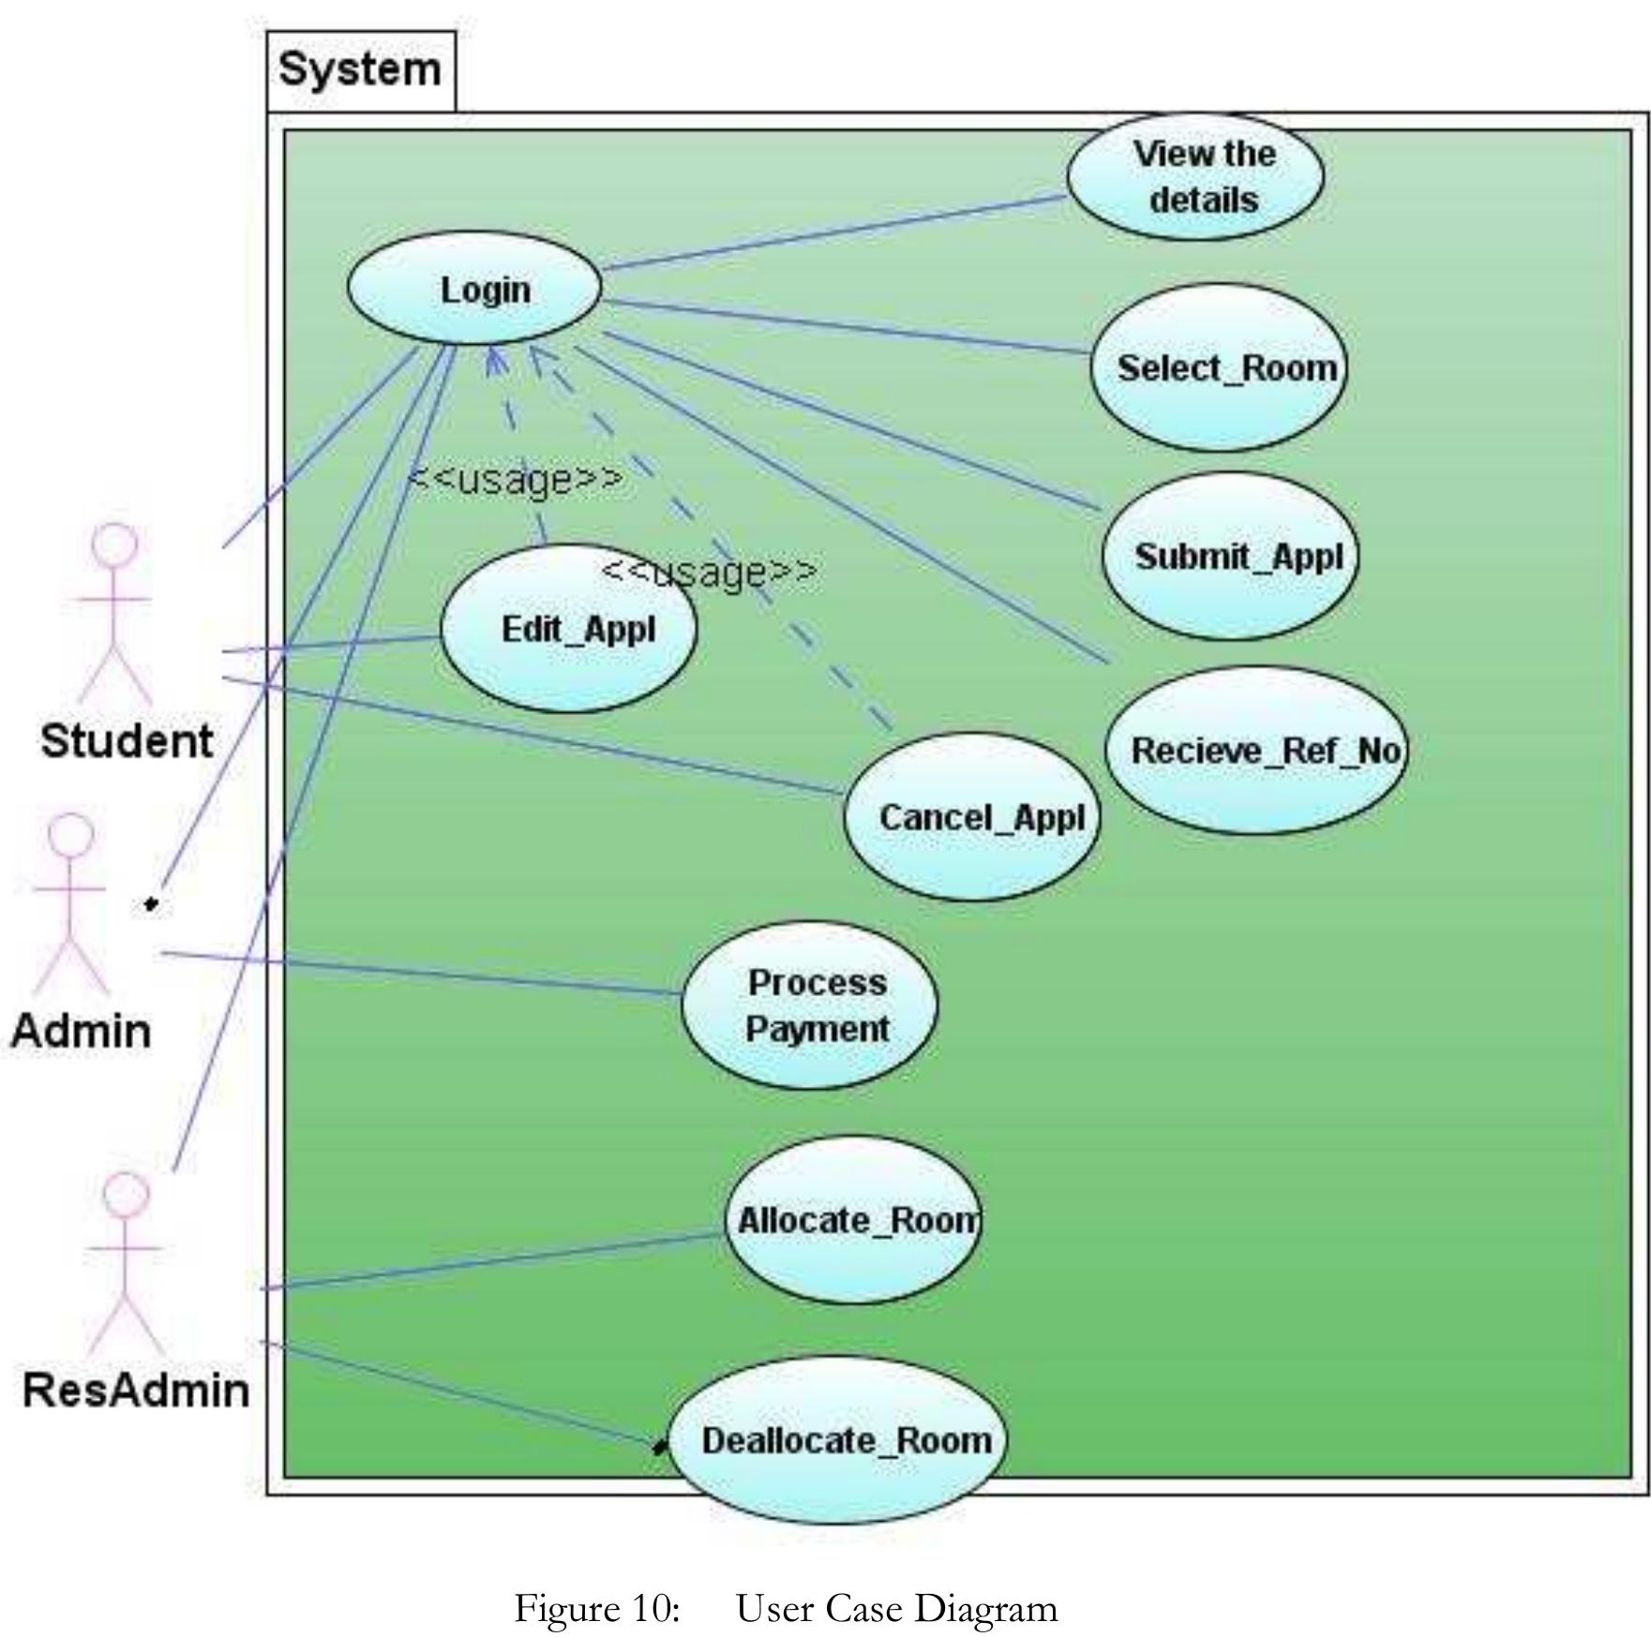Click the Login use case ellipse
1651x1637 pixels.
pos(474,288)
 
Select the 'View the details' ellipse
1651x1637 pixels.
pos(1195,177)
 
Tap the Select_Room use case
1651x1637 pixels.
pos(1218,368)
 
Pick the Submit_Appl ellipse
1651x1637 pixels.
pos(1230,557)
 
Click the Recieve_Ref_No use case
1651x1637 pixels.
pos(1255,751)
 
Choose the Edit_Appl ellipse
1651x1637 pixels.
pos(569,629)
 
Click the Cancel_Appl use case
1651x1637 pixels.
pos(972,817)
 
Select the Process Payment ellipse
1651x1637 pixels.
pos(809,1005)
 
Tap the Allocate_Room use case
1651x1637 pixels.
pos(854,1220)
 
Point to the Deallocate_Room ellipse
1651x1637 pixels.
pos(837,1440)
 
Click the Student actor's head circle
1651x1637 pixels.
pos(114,545)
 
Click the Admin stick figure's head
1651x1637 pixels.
pos(70,835)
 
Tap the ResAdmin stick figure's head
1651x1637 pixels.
pos(126,1196)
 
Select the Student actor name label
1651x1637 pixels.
pos(127,741)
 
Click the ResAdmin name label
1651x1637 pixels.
pos(136,1390)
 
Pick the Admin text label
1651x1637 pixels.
pos(81,1032)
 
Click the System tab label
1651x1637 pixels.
pos(360,70)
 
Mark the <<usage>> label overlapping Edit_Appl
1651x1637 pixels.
pos(709,572)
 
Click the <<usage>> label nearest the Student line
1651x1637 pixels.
pos(516,479)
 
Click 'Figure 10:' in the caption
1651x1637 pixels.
pos(596,1609)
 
